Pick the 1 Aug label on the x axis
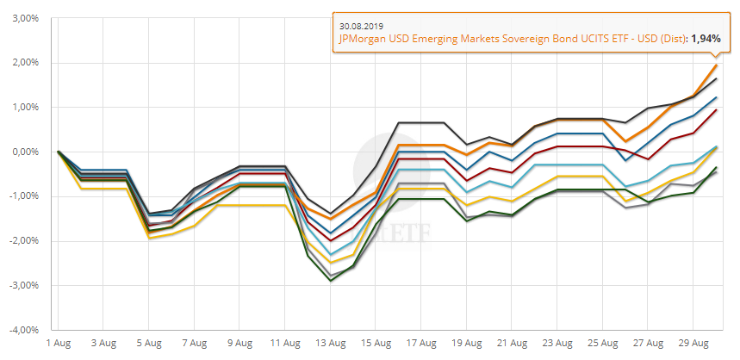coord(59,343)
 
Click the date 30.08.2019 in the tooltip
coord(362,25)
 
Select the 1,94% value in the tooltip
coord(705,38)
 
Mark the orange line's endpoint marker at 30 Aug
coord(716,65)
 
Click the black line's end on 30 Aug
coord(716,79)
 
